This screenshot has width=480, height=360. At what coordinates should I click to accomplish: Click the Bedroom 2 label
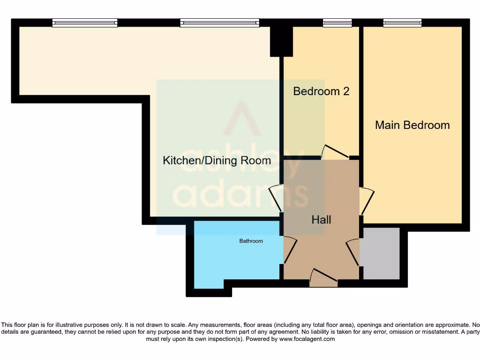pyautogui.click(x=321, y=91)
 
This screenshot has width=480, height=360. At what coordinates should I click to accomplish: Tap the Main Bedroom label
pyautogui.click(x=412, y=125)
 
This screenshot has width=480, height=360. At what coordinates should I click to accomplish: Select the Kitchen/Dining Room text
pyautogui.click(x=217, y=160)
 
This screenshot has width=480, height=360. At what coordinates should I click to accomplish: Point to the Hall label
pyautogui.click(x=322, y=219)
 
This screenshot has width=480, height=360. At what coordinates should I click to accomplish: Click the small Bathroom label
pyautogui.click(x=251, y=241)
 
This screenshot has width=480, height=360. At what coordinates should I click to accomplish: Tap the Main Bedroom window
pyautogui.click(x=402, y=23)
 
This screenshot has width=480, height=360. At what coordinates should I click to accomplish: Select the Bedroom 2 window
pyautogui.click(x=337, y=23)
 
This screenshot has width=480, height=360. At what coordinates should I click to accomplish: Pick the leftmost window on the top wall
pyautogui.click(x=85, y=23)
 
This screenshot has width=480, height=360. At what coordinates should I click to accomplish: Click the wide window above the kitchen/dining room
pyautogui.click(x=219, y=23)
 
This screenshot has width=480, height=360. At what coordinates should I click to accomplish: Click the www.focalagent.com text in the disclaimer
pyautogui.click(x=307, y=339)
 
